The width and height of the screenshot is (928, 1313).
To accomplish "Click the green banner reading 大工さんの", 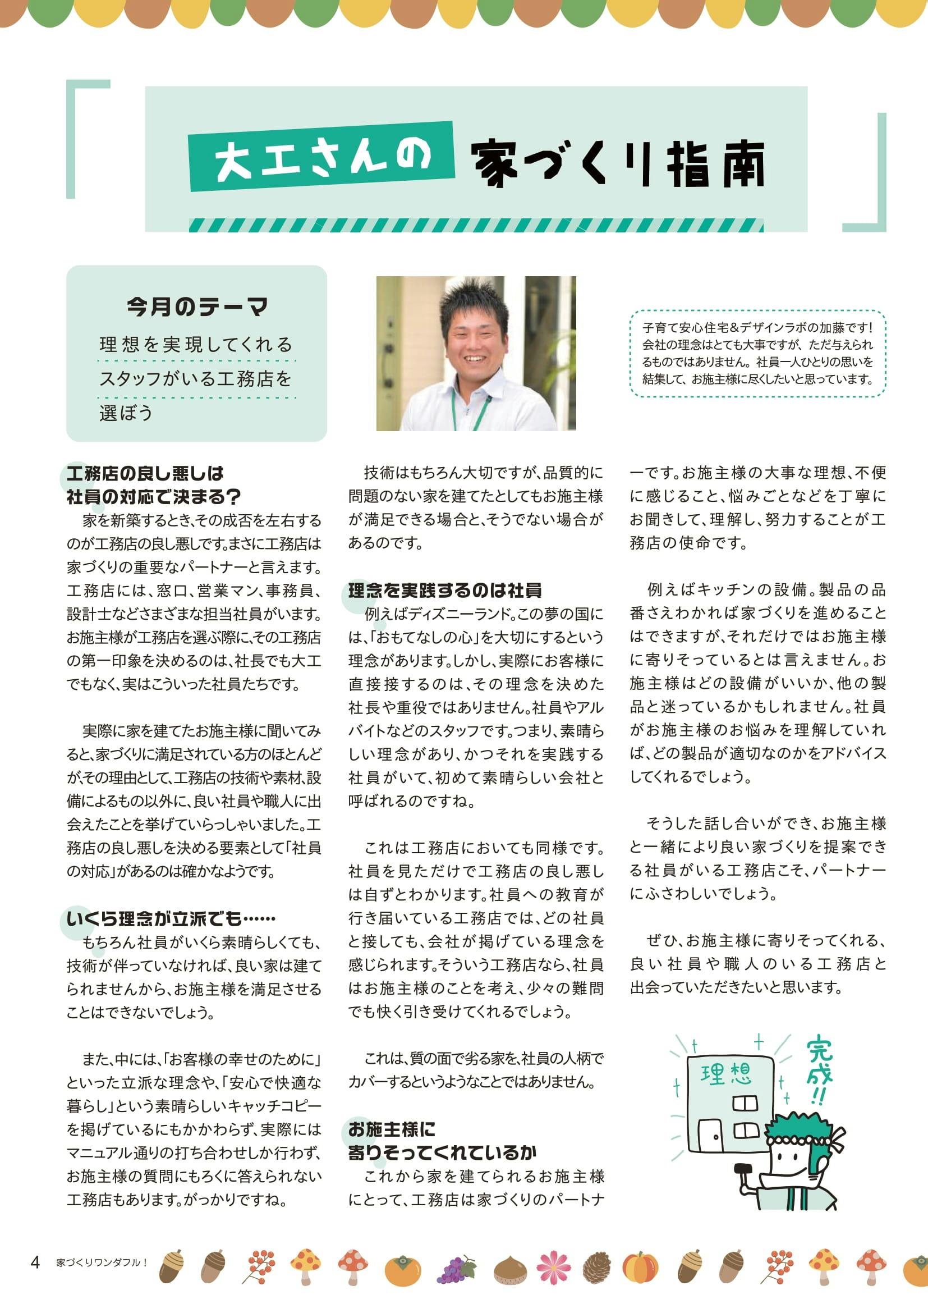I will [x=321, y=158].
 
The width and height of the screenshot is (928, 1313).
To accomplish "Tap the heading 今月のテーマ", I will [x=197, y=308].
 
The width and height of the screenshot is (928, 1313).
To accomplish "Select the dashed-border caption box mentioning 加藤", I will [x=757, y=354].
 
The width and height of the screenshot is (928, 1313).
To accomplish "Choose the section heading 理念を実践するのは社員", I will [x=444, y=590].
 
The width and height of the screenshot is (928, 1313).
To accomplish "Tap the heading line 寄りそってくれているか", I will [x=442, y=1152].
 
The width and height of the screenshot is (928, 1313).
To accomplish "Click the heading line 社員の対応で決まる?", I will [x=153, y=496].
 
